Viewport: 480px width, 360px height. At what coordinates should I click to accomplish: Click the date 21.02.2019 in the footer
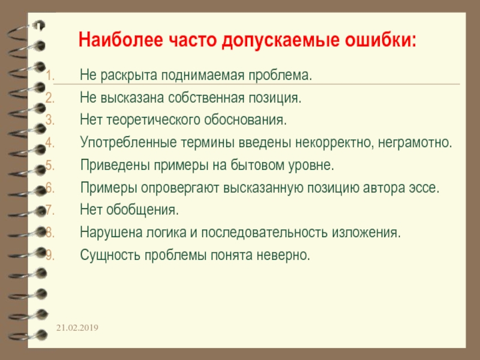pos(78,328)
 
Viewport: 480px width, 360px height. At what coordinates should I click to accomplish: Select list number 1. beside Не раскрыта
pos(50,77)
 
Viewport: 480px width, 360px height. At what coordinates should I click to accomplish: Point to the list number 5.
pos(50,165)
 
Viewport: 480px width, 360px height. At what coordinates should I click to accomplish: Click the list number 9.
pos(50,255)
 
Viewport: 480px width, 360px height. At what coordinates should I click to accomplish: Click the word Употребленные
pos(118,143)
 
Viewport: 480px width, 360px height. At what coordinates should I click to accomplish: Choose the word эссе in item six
pos(427,187)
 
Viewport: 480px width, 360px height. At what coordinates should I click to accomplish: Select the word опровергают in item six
pos(181,187)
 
